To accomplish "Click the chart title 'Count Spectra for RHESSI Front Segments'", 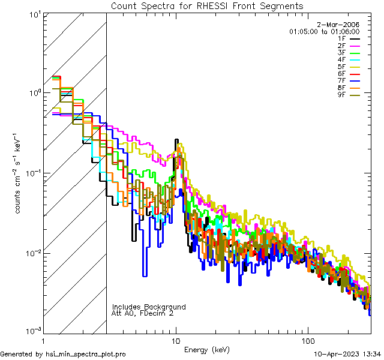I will pos(207,5).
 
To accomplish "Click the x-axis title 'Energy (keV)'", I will pos(208,349).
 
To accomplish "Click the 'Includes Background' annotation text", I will pos(149,307).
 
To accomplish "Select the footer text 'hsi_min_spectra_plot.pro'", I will pos(86,354).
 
